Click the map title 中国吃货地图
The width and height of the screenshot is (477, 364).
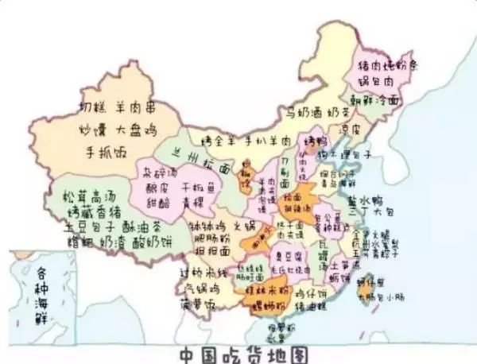(238, 353)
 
